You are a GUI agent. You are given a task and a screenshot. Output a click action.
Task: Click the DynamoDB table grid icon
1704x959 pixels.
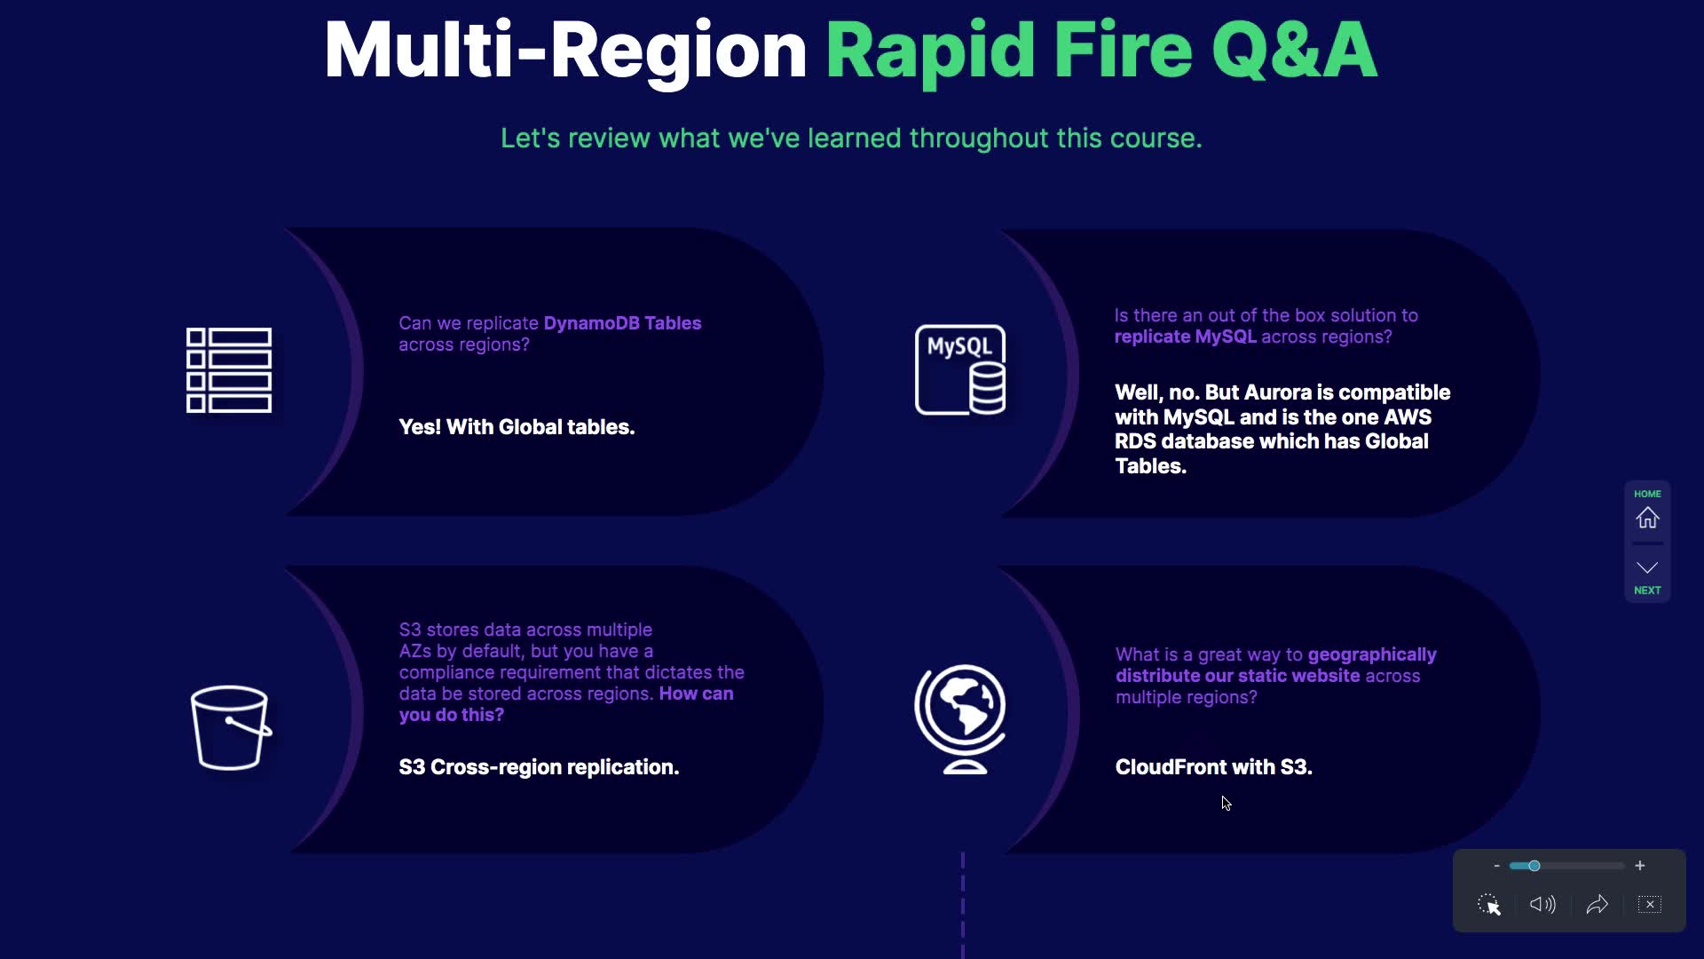(x=229, y=370)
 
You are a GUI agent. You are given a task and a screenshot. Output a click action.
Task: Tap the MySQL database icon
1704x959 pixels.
(x=960, y=369)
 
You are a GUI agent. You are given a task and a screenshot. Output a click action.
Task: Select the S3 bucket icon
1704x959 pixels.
(x=231, y=727)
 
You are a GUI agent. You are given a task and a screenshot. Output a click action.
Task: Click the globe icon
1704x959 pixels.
(x=960, y=719)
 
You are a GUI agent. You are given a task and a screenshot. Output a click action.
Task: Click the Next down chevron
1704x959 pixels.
(x=1647, y=567)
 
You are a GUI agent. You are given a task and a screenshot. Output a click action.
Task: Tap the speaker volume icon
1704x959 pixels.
(x=1542, y=904)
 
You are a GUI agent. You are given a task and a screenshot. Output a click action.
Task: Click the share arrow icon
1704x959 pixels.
(x=1597, y=904)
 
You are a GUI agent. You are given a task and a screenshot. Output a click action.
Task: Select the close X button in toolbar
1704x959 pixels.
(x=1650, y=904)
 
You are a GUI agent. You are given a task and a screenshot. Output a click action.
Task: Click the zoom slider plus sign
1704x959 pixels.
(x=1640, y=865)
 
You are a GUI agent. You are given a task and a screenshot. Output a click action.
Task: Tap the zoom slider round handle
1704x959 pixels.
(x=1534, y=866)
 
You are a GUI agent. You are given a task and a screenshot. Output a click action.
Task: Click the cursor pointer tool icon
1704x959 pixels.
(x=1488, y=904)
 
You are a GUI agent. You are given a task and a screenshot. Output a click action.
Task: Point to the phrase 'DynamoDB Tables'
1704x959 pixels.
(x=622, y=323)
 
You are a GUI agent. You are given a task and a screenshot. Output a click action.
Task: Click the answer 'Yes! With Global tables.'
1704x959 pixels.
(x=517, y=427)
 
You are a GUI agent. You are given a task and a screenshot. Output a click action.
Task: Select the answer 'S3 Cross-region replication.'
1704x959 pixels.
(x=539, y=767)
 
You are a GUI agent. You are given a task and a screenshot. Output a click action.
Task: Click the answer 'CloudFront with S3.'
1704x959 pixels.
(x=1213, y=767)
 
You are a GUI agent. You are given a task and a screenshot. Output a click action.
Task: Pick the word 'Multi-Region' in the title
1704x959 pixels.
(x=565, y=52)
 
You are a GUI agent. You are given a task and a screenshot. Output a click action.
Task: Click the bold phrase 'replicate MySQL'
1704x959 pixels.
(x=1185, y=337)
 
